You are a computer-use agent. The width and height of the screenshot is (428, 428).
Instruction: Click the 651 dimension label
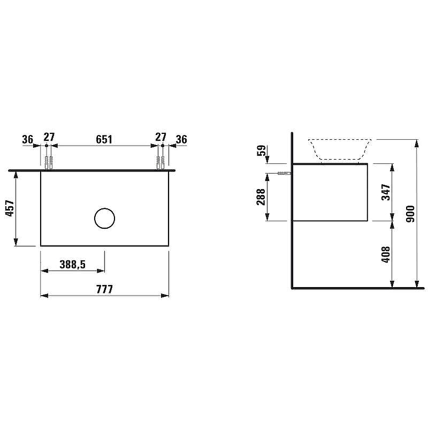104,139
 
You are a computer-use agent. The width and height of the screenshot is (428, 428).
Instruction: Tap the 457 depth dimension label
10,208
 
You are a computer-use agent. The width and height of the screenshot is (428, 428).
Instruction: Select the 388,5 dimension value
73,264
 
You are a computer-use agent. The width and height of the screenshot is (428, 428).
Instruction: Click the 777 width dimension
104,289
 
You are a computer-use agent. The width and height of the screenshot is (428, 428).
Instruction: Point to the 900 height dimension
410,214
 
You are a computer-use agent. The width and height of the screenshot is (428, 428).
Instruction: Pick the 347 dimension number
386,192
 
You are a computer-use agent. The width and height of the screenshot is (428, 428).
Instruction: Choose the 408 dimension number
386,254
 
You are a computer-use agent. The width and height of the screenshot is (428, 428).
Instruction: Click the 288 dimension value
261,197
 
